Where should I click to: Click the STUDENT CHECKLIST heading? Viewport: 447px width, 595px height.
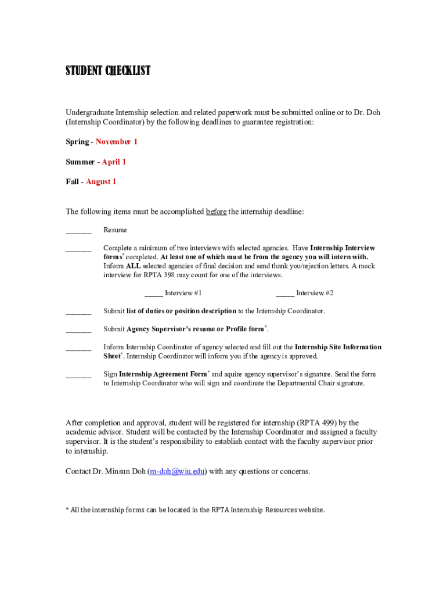(108, 71)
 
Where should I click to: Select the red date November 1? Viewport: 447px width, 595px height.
(117, 142)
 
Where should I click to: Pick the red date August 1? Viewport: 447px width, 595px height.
(101, 182)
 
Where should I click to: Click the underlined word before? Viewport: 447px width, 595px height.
(216, 212)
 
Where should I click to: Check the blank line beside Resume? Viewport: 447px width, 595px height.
(78, 231)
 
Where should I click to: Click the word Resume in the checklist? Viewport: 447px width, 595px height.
(115, 230)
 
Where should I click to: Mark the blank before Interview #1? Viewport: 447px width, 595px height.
(153, 294)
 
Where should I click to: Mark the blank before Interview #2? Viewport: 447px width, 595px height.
(285, 294)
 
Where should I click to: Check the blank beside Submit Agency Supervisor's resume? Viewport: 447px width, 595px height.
(78, 330)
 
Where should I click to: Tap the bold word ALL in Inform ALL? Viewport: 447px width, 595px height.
(133, 266)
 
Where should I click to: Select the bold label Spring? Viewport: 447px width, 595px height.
(77, 142)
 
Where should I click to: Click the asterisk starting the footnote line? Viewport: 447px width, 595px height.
(67, 510)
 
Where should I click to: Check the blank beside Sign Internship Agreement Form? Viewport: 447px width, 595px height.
(78, 375)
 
